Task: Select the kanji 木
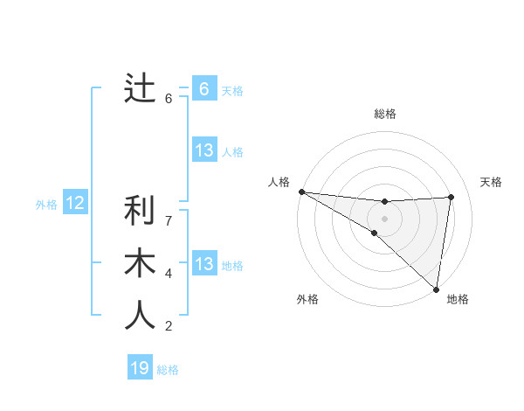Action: click(140, 263)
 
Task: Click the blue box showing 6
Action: click(203, 89)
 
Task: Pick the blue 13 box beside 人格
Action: click(203, 150)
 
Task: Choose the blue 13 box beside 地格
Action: click(203, 264)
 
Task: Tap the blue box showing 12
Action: click(75, 204)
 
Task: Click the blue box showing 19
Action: click(140, 368)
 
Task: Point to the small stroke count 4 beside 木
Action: click(169, 274)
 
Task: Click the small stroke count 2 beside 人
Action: click(169, 327)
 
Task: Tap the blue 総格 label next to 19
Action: click(168, 370)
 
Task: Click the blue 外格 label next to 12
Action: click(46, 205)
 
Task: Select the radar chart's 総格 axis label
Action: click(384, 114)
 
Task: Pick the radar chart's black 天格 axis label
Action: click(492, 182)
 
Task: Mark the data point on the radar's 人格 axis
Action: click(301, 192)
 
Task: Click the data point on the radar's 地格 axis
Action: click(437, 288)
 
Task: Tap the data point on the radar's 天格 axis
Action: click(452, 197)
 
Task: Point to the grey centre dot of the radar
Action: click(384, 217)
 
